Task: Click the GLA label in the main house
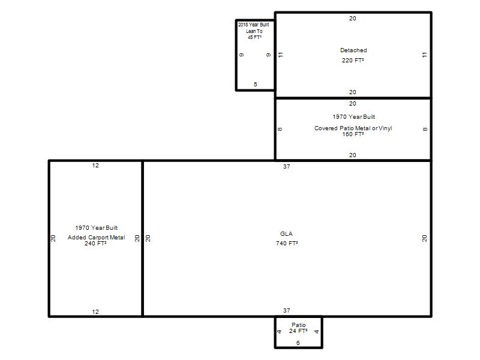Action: (286, 234)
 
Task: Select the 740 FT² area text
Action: (287, 244)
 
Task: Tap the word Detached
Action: (353, 50)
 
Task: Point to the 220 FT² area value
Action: (353, 61)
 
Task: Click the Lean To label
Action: (254, 31)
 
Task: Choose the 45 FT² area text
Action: (254, 37)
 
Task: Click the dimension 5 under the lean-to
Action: (256, 84)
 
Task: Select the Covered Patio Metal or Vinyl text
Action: (353, 128)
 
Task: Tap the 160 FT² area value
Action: (353, 134)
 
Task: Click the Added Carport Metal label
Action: (97, 237)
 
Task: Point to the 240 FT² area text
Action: (95, 244)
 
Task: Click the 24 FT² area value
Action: (298, 331)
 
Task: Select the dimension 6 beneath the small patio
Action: (298, 343)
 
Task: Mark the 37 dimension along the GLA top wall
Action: (287, 167)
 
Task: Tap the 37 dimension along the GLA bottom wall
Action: (287, 310)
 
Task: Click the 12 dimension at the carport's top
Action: (95, 166)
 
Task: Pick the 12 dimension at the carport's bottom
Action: (95, 311)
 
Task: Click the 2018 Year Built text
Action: (254, 25)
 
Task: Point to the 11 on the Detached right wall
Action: (424, 55)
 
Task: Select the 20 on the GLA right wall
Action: (424, 238)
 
